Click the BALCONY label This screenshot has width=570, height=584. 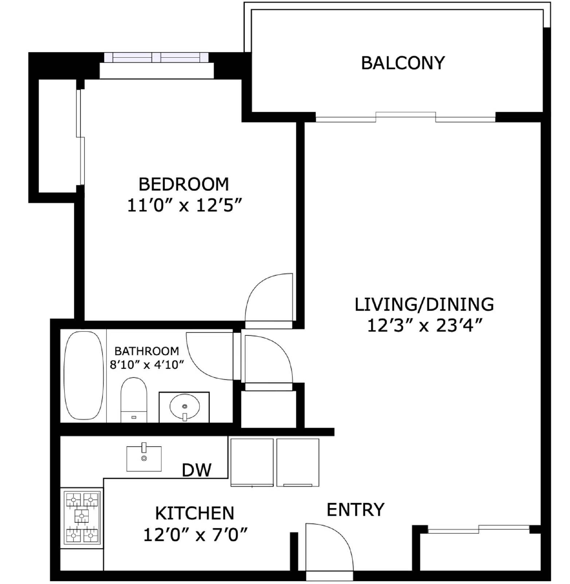[x=403, y=63]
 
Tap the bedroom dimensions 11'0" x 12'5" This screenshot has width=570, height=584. [x=184, y=205]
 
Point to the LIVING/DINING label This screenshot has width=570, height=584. [x=424, y=304]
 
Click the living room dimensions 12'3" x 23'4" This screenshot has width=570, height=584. [x=425, y=326]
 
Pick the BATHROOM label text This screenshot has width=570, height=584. [x=147, y=351]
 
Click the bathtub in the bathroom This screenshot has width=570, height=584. [x=83, y=376]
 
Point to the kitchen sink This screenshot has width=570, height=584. [x=144, y=458]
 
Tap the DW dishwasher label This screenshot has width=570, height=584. [x=196, y=470]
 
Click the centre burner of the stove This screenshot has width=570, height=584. [x=81, y=515]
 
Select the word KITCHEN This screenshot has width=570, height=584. [x=195, y=513]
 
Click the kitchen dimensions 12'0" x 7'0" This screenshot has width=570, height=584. [x=195, y=535]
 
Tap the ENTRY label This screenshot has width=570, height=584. [x=355, y=510]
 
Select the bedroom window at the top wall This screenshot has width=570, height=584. [x=156, y=57]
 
